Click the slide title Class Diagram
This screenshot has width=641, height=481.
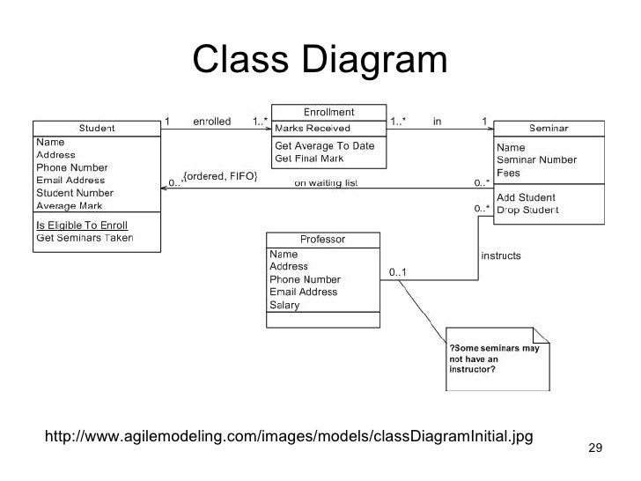tap(320, 60)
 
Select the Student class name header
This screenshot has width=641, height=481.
tap(97, 129)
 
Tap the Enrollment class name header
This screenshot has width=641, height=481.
tap(328, 112)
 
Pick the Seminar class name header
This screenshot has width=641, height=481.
tap(548, 129)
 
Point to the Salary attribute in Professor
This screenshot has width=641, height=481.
tap(284, 306)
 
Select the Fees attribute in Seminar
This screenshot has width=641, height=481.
tap(510, 173)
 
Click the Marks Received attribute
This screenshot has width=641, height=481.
tap(313, 128)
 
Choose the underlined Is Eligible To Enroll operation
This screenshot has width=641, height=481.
tap(81, 225)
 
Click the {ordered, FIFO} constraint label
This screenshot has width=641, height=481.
tap(220, 176)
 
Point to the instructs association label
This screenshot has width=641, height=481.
tap(500, 256)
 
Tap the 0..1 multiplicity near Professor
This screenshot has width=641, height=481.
tap(399, 273)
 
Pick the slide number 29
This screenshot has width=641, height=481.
tap(594, 449)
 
